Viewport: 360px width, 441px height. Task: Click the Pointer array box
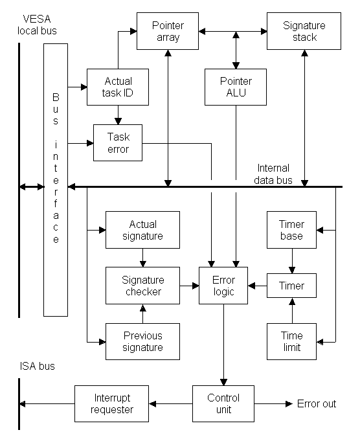pos(168,31)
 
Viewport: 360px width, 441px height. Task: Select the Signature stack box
pos(304,31)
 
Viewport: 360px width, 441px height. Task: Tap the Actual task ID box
pos(118,87)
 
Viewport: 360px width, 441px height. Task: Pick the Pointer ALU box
pos(236,87)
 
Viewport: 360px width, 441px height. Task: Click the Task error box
pos(118,142)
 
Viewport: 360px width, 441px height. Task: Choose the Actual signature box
pos(142,230)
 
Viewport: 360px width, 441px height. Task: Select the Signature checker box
pos(142,286)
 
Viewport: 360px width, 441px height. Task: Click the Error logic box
pos(223,286)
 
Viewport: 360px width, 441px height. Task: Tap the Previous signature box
pos(142,341)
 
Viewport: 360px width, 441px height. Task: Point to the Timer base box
pos(291,230)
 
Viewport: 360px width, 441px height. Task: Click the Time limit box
pos(291,341)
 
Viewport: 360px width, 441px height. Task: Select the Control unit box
pos(223,403)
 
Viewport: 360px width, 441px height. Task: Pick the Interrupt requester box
pos(111,403)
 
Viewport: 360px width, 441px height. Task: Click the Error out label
pos(317,403)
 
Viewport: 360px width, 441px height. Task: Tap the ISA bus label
pos(37,366)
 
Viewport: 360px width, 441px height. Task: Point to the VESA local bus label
pos(37,25)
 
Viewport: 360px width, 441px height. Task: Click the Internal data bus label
pos(273,174)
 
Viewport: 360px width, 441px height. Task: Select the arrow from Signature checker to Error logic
pos(190,286)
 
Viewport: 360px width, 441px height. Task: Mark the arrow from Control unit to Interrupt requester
pos(171,404)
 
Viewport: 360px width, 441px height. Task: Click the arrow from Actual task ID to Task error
pos(118,115)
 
